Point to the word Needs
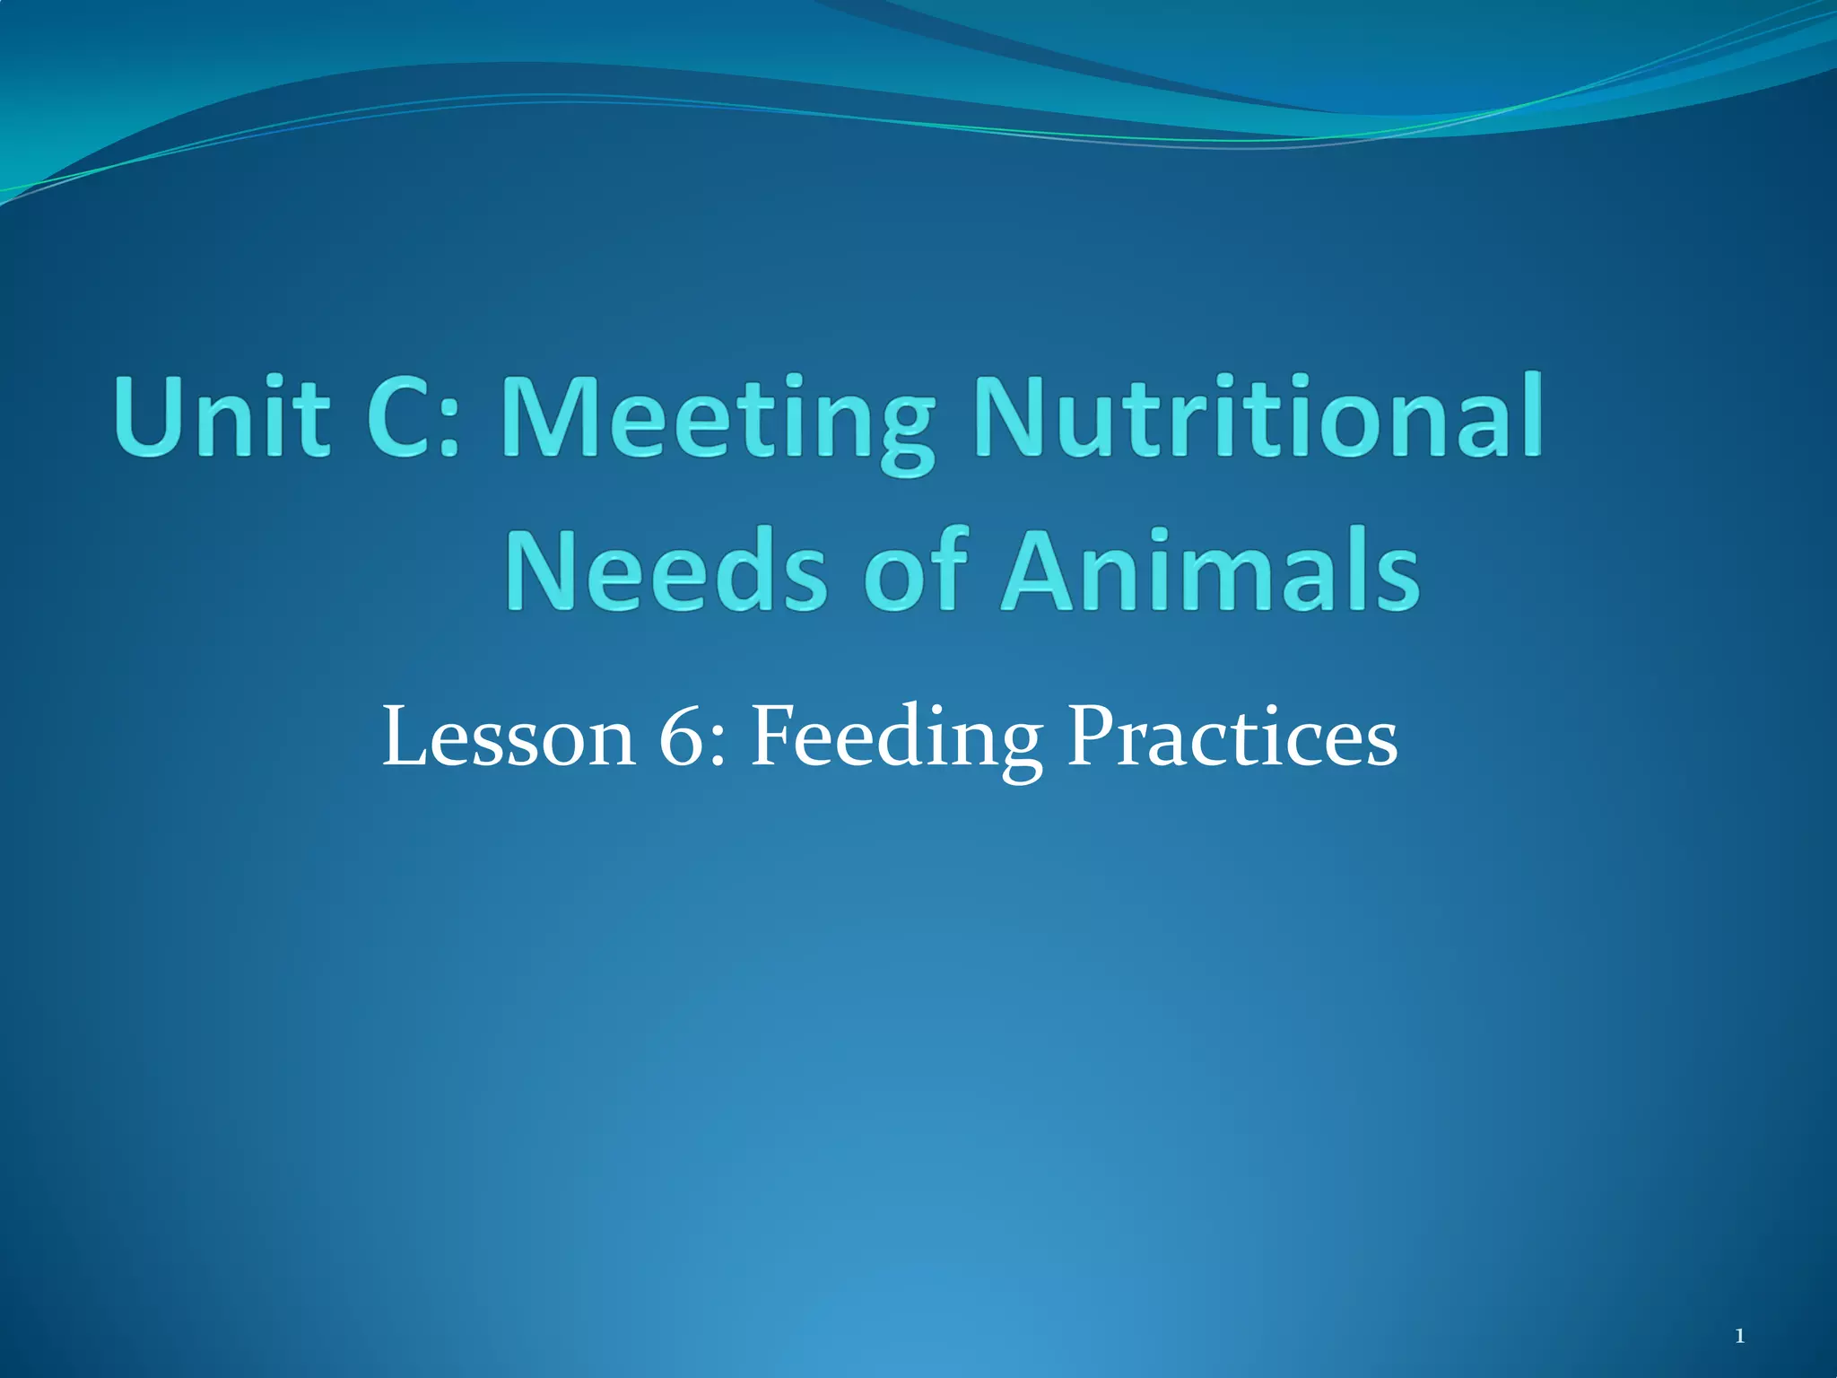tap(665, 570)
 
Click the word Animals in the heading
tap(1210, 570)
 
